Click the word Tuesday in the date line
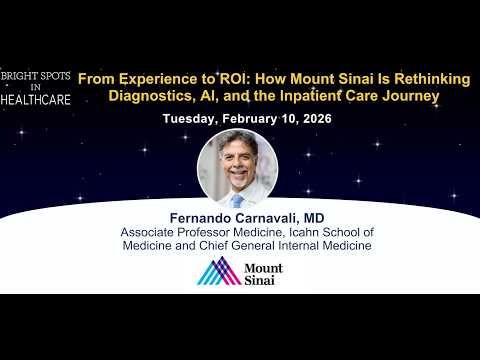pos(190,119)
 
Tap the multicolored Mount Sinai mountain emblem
pos(217,271)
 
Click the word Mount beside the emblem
pos(263,268)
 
